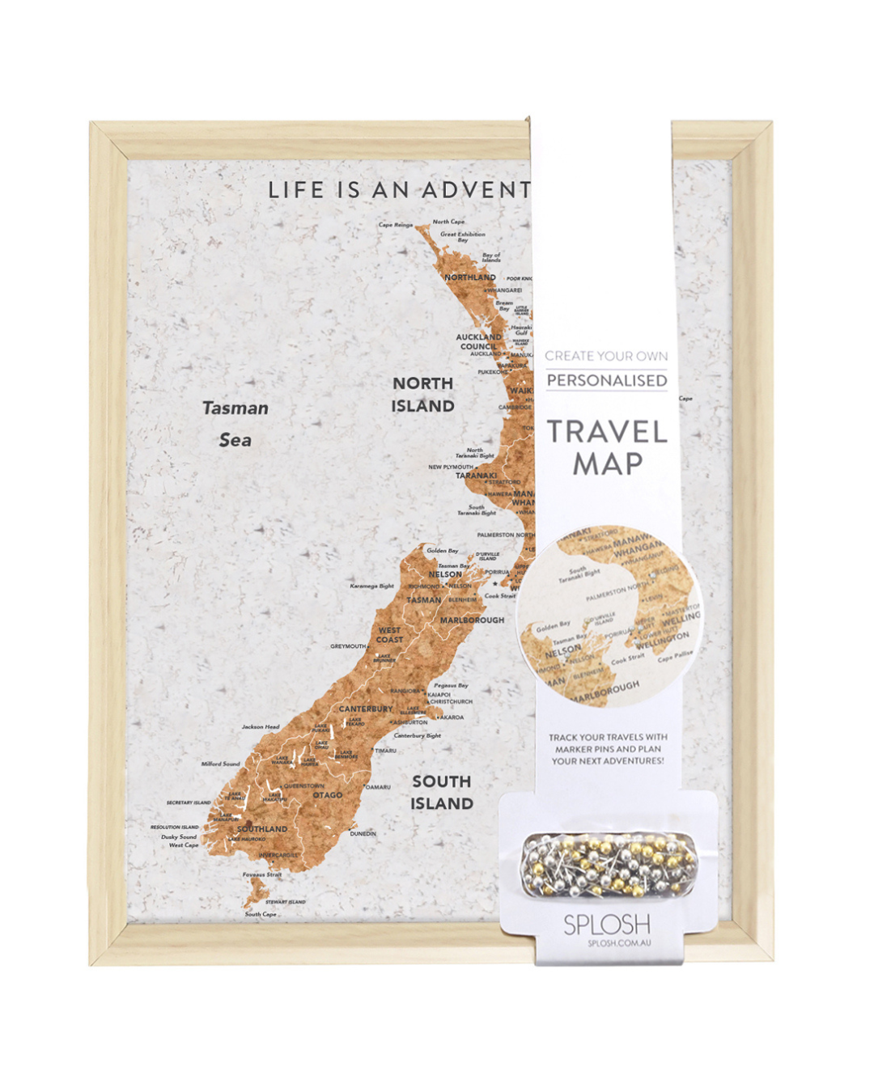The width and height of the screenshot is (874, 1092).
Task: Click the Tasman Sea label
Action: (x=235, y=423)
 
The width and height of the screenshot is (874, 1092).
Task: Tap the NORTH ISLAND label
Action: (x=422, y=395)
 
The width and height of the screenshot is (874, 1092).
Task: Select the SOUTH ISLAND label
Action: (x=441, y=793)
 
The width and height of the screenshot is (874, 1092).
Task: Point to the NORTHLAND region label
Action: (x=469, y=277)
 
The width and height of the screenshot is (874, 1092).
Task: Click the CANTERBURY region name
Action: (x=366, y=709)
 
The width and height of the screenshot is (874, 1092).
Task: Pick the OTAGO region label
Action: (x=328, y=795)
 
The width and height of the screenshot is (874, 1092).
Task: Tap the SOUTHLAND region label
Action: (x=262, y=829)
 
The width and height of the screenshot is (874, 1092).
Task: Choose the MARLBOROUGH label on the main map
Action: (x=472, y=620)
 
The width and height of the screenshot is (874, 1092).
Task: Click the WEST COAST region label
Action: (x=389, y=635)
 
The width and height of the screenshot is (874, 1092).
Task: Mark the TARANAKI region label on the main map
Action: (x=476, y=476)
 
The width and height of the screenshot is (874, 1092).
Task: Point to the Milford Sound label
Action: (x=220, y=764)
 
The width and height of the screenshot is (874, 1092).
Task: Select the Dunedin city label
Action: (x=363, y=833)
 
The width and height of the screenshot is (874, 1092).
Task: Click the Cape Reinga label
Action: (x=396, y=225)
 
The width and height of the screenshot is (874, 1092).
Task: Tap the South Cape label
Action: (x=261, y=914)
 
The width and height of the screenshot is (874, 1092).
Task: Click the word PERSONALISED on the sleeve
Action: (x=607, y=381)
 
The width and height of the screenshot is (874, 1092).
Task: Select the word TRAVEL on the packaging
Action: (x=607, y=432)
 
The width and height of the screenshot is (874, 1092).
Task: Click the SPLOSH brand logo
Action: (x=607, y=924)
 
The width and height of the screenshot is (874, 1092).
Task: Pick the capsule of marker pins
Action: (x=607, y=866)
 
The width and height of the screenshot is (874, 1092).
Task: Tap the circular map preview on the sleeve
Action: (x=609, y=616)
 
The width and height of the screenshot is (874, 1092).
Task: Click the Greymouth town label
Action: (x=348, y=646)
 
